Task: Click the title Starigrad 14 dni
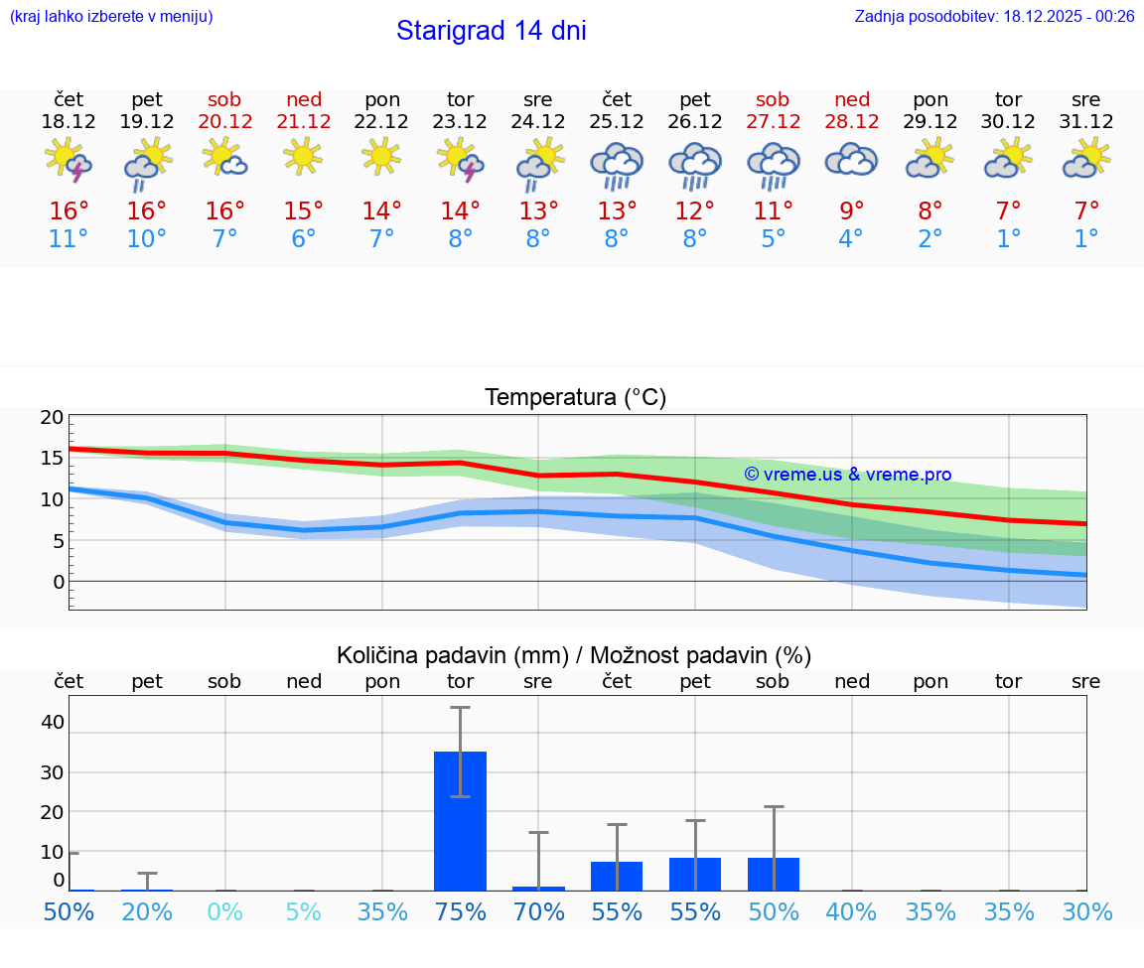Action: [491, 31]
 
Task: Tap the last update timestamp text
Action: [994, 16]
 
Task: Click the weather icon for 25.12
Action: [617, 164]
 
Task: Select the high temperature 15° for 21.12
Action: [304, 210]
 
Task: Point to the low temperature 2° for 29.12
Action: [930, 239]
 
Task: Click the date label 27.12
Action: [773, 122]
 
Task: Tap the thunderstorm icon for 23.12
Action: [460, 160]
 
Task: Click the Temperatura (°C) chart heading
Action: [575, 397]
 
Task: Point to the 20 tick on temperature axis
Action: [52, 418]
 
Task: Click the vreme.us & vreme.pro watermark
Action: [847, 475]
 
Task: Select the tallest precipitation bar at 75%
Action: [460, 821]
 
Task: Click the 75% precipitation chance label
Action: [460, 911]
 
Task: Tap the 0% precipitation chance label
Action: [225, 911]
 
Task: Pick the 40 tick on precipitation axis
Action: [52, 722]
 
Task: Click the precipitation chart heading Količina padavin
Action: [574, 655]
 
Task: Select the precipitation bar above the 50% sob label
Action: [773, 874]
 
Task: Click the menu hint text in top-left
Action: [111, 16]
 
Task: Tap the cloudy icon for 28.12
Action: [851, 160]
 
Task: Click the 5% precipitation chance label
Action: [304, 911]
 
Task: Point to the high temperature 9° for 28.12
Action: [851, 210]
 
